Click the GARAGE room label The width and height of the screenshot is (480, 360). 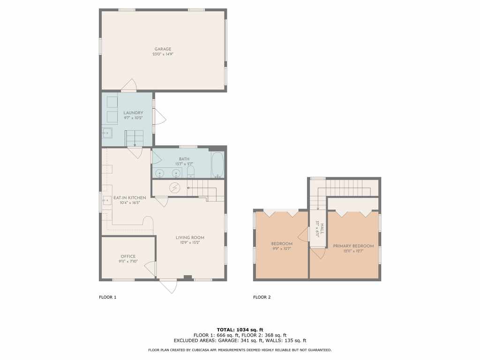pyautogui.click(x=163, y=49)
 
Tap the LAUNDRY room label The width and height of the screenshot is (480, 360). pyautogui.click(x=133, y=112)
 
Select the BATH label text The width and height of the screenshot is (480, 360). pyautogui.click(x=184, y=159)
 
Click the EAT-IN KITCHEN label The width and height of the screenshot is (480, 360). pyautogui.click(x=129, y=198)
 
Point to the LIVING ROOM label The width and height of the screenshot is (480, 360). pyautogui.click(x=190, y=238)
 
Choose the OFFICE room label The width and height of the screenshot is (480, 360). pyautogui.click(x=128, y=256)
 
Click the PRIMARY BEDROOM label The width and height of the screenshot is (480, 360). pyautogui.click(x=353, y=246)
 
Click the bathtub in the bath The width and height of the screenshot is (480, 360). pyautogui.click(x=217, y=165)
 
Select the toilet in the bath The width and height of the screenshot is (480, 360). pyautogui.click(x=190, y=172)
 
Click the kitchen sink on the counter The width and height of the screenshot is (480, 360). pyautogui.click(x=107, y=201)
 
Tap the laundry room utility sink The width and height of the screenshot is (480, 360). pyautogui.click(x=107, y=133)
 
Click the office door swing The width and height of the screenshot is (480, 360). pyautogui.click(x=150, y=270)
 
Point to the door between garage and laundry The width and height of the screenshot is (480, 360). pyautogui.click(x=128, y=85)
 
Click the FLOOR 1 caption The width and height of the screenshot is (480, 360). pyautogui.click(x=107, y=297)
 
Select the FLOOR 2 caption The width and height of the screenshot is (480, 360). pyautogui.click(x=262, y=297)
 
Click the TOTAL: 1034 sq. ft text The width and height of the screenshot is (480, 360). pyautogui.click(x=240, y=330)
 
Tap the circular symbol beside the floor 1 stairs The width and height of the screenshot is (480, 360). pyautogui.click(x=175, y=187)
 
